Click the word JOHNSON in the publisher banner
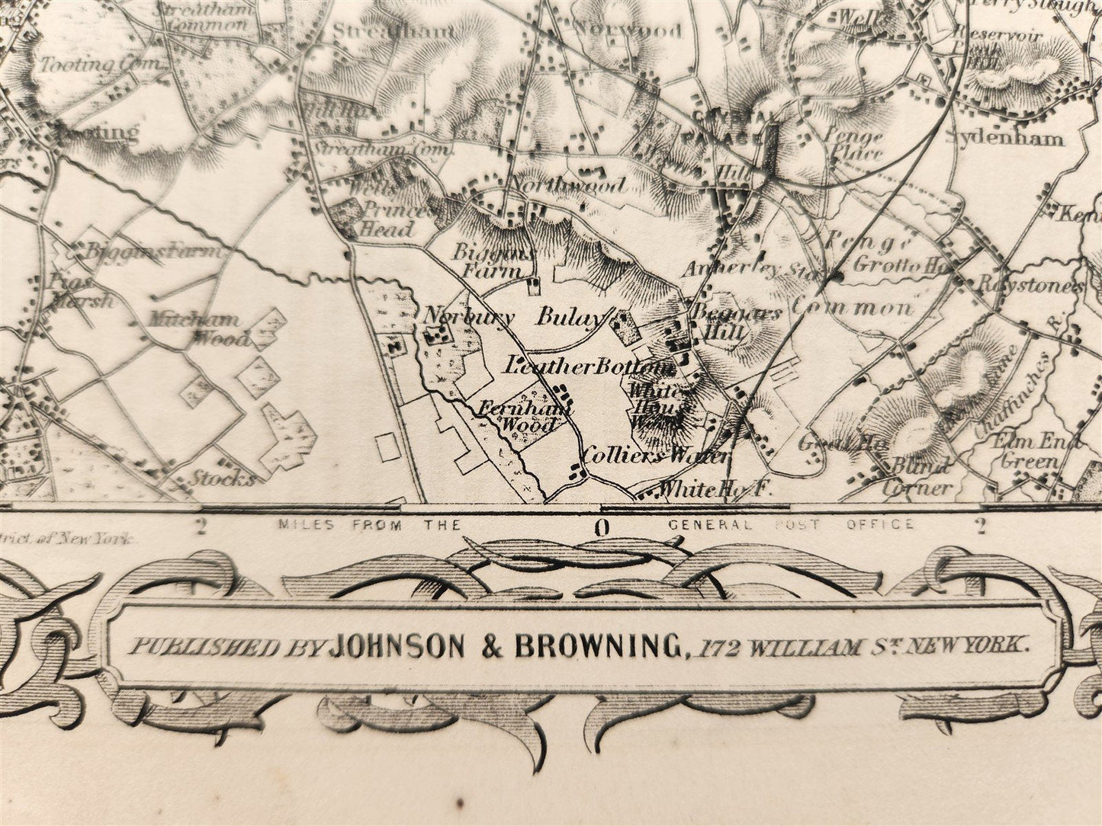click(396, 646)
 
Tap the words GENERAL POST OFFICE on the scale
click(790, 524)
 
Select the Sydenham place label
click(1004, 138)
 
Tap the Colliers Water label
click(655, 456)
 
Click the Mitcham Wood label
click(200, 328)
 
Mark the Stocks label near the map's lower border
click(222, 479)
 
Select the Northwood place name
click(568, 185)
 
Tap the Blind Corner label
click(919, 477)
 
